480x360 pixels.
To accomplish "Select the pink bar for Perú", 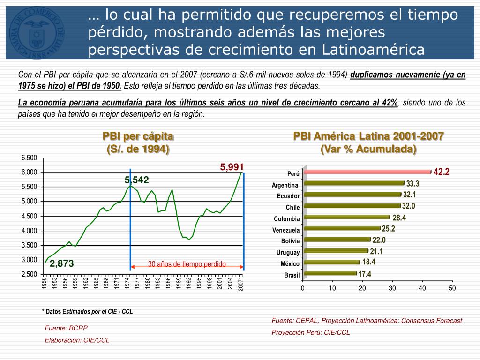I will [367, 172].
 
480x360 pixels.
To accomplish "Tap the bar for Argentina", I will [353, 183].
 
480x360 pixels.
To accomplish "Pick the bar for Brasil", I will [330, 274].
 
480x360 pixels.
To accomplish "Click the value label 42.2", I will [442, 172].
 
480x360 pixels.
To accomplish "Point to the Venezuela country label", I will [286, 230].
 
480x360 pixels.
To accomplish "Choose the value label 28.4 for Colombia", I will [399, 217].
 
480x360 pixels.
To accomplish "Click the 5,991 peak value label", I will [232, 166].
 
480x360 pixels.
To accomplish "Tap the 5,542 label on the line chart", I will [136, 180].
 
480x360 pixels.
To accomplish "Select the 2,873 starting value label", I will [62, 264].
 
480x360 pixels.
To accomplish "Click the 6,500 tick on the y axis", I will [29, 157].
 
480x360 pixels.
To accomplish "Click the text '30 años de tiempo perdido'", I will [187, 264].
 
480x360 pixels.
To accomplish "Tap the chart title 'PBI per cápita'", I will [138, 136].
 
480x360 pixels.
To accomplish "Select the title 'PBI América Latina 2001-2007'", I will [368, 136].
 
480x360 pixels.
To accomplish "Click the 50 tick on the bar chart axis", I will [452, 288].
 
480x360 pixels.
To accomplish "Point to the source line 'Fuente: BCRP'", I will [66, 328].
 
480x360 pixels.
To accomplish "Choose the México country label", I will [290, 264].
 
